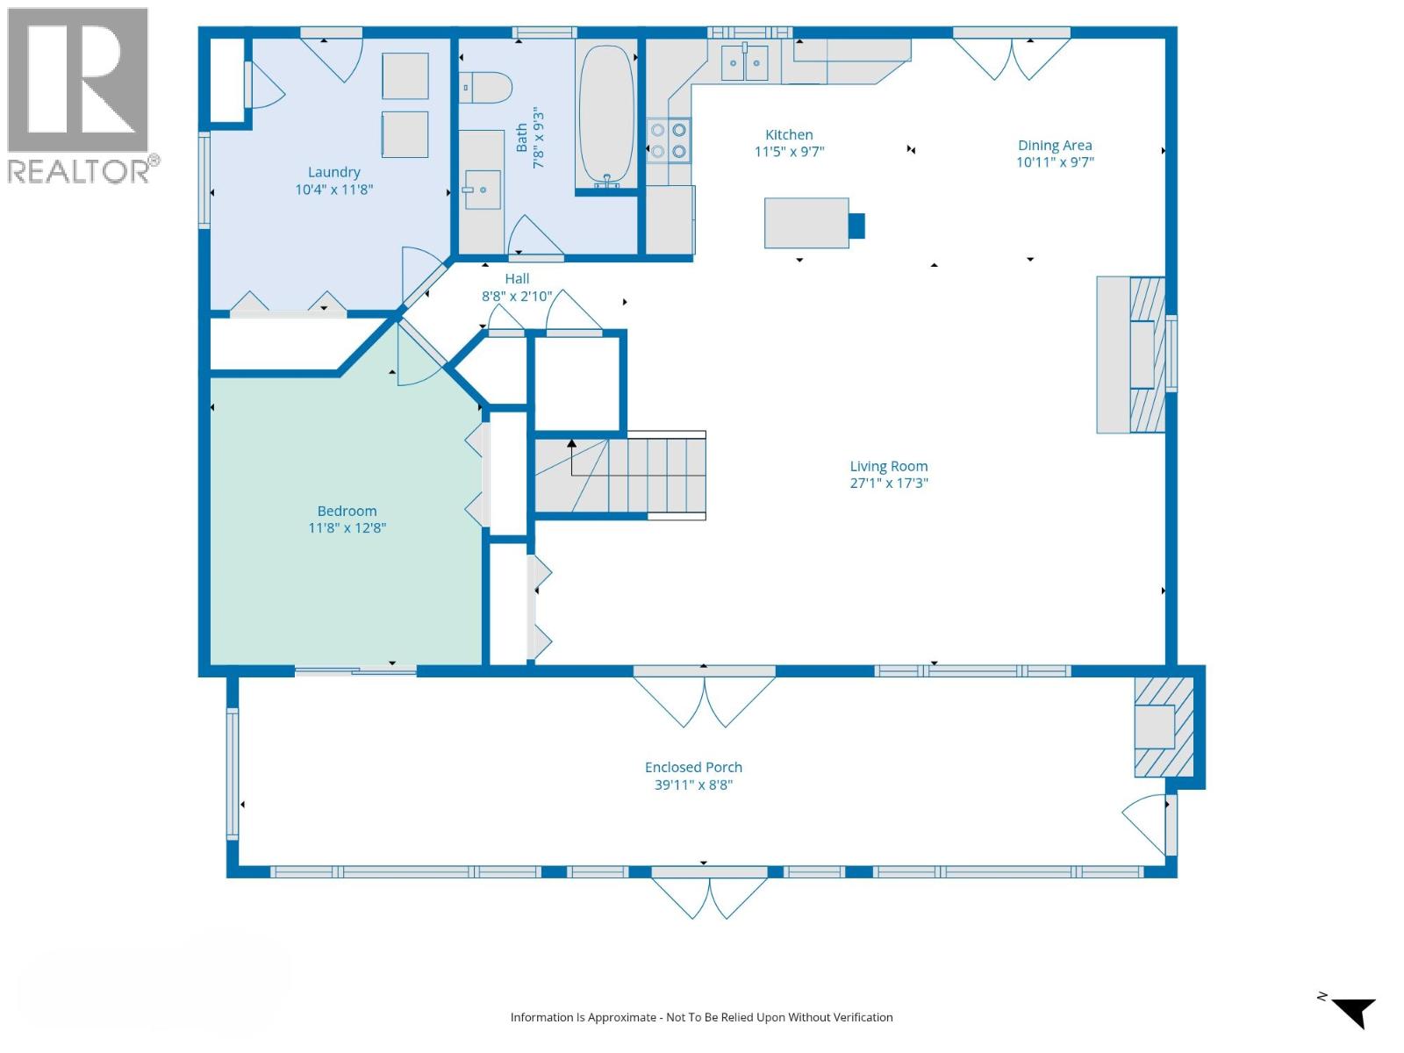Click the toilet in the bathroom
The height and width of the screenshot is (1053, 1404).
click(485, 88)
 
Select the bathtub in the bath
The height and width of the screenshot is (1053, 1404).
click(606, 115)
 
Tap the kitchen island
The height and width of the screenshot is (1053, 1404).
click(806, 223)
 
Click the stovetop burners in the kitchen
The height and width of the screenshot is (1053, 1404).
click(669, 140)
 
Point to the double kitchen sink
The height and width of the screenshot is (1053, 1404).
click(744, 62)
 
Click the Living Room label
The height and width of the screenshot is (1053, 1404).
click(888, 466)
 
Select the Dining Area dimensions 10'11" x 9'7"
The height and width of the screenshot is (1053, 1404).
click(1055, 162)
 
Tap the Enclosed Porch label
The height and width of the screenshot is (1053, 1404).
click(693, 767)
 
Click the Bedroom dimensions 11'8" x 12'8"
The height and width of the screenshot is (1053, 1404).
click(347, 527)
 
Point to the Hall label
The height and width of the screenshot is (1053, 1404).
click(517, 279)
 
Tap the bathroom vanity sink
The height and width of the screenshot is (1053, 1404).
click(483, 190)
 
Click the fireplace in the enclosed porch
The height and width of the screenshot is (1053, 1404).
click(1164, 727)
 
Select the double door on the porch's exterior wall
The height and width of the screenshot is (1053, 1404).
click(709, 895)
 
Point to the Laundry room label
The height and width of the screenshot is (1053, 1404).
click(334, 172)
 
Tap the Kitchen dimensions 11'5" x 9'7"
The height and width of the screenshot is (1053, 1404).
click(789, 152)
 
